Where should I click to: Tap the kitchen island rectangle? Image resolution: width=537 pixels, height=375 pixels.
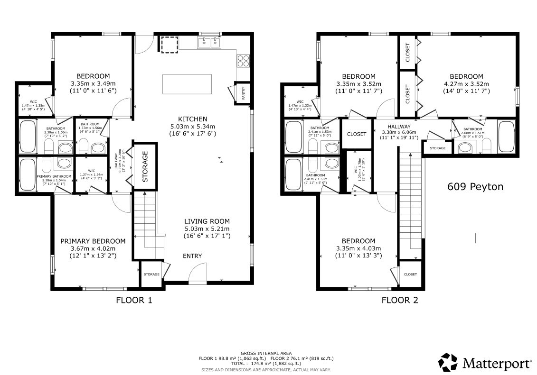(x=187, y=84)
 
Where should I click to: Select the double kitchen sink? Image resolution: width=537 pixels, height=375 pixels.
(x=210, y=43)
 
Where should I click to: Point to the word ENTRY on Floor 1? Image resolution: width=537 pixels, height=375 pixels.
(x=192, y=256)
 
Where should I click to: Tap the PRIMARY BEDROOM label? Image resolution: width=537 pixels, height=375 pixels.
(x=93, y=241)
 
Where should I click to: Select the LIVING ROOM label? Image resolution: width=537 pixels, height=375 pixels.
(x=207, y=221)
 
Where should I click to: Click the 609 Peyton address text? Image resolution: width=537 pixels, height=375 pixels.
(x=475, y=187)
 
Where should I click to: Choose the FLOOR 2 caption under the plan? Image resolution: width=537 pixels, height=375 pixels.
(x=400, y=300)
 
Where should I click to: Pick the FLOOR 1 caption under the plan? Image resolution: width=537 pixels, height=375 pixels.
(x=134, y=300)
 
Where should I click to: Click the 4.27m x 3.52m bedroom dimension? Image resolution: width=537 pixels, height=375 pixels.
(x=466, y=84)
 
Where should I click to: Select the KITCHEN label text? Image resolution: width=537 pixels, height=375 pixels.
(x=192, y=119)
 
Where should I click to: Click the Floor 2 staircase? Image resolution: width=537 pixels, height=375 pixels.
(x=410, y=204)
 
